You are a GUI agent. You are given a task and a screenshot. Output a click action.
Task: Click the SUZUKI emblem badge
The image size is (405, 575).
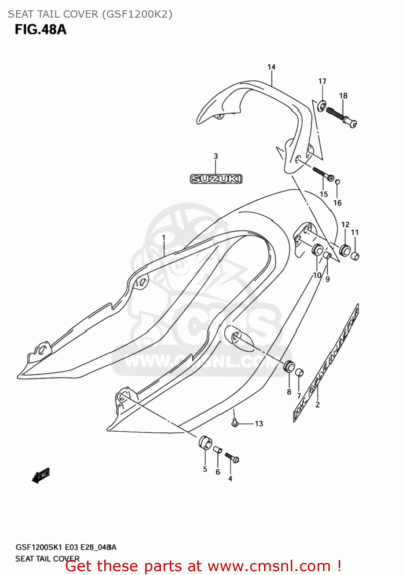(216, 179)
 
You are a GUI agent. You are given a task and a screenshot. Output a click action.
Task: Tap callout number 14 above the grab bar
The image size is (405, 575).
(271, 67)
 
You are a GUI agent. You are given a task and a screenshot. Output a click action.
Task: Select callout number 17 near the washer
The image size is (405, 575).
(322, 81)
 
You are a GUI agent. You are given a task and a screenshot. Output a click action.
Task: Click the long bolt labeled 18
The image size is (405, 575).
(341, 116)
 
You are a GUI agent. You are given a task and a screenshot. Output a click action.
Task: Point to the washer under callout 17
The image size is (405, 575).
(321, 104)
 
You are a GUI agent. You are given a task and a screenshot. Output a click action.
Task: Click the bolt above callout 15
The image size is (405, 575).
(323, 173)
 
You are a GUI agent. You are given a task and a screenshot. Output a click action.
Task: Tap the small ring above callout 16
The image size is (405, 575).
(338, 181)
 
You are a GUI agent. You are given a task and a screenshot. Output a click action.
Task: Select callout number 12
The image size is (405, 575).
(345, 225)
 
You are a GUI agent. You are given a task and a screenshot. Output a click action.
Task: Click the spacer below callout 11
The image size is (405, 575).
(355, 256)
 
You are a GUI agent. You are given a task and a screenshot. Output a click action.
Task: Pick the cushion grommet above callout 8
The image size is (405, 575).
(289, 366)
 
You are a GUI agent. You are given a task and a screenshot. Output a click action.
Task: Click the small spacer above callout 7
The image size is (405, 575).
(299, 372)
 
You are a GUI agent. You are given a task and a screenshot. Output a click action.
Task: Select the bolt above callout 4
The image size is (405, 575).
(231, 457)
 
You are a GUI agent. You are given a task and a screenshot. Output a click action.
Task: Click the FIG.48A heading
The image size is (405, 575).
(41, 30)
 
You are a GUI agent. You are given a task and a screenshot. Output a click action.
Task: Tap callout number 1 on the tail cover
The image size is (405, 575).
(164, 238)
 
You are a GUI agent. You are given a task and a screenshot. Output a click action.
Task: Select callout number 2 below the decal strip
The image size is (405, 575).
(317, 404)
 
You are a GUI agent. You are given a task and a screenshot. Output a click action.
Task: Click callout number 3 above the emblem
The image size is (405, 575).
(216, 156)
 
